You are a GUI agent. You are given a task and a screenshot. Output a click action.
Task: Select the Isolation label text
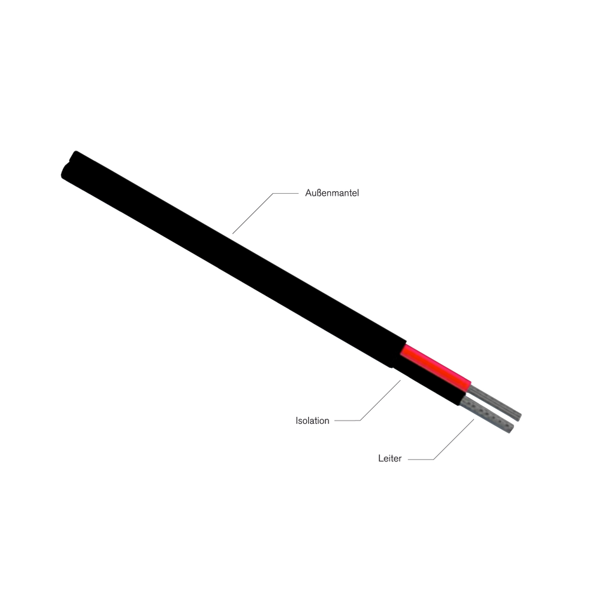(x=313, y=421)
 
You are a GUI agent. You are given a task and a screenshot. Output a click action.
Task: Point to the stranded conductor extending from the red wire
(x=499, y=402)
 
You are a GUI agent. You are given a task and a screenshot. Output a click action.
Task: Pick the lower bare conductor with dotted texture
(x=486, y=417)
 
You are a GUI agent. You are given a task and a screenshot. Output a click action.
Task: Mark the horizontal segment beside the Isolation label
(x=346, y=421)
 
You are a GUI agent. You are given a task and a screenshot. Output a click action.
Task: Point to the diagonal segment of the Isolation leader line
(x=382, y=400)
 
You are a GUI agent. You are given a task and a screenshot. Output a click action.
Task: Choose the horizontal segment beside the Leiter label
(x=420, y=458)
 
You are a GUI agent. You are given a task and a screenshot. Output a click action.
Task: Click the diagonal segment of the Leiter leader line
(x=454, y=438)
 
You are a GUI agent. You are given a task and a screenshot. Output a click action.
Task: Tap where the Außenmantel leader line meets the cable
(x=233, y=235)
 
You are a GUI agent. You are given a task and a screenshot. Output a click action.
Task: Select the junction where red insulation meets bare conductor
(x=472, y=385)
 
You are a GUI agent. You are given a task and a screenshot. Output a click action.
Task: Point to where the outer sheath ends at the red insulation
(x=405, y=348)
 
